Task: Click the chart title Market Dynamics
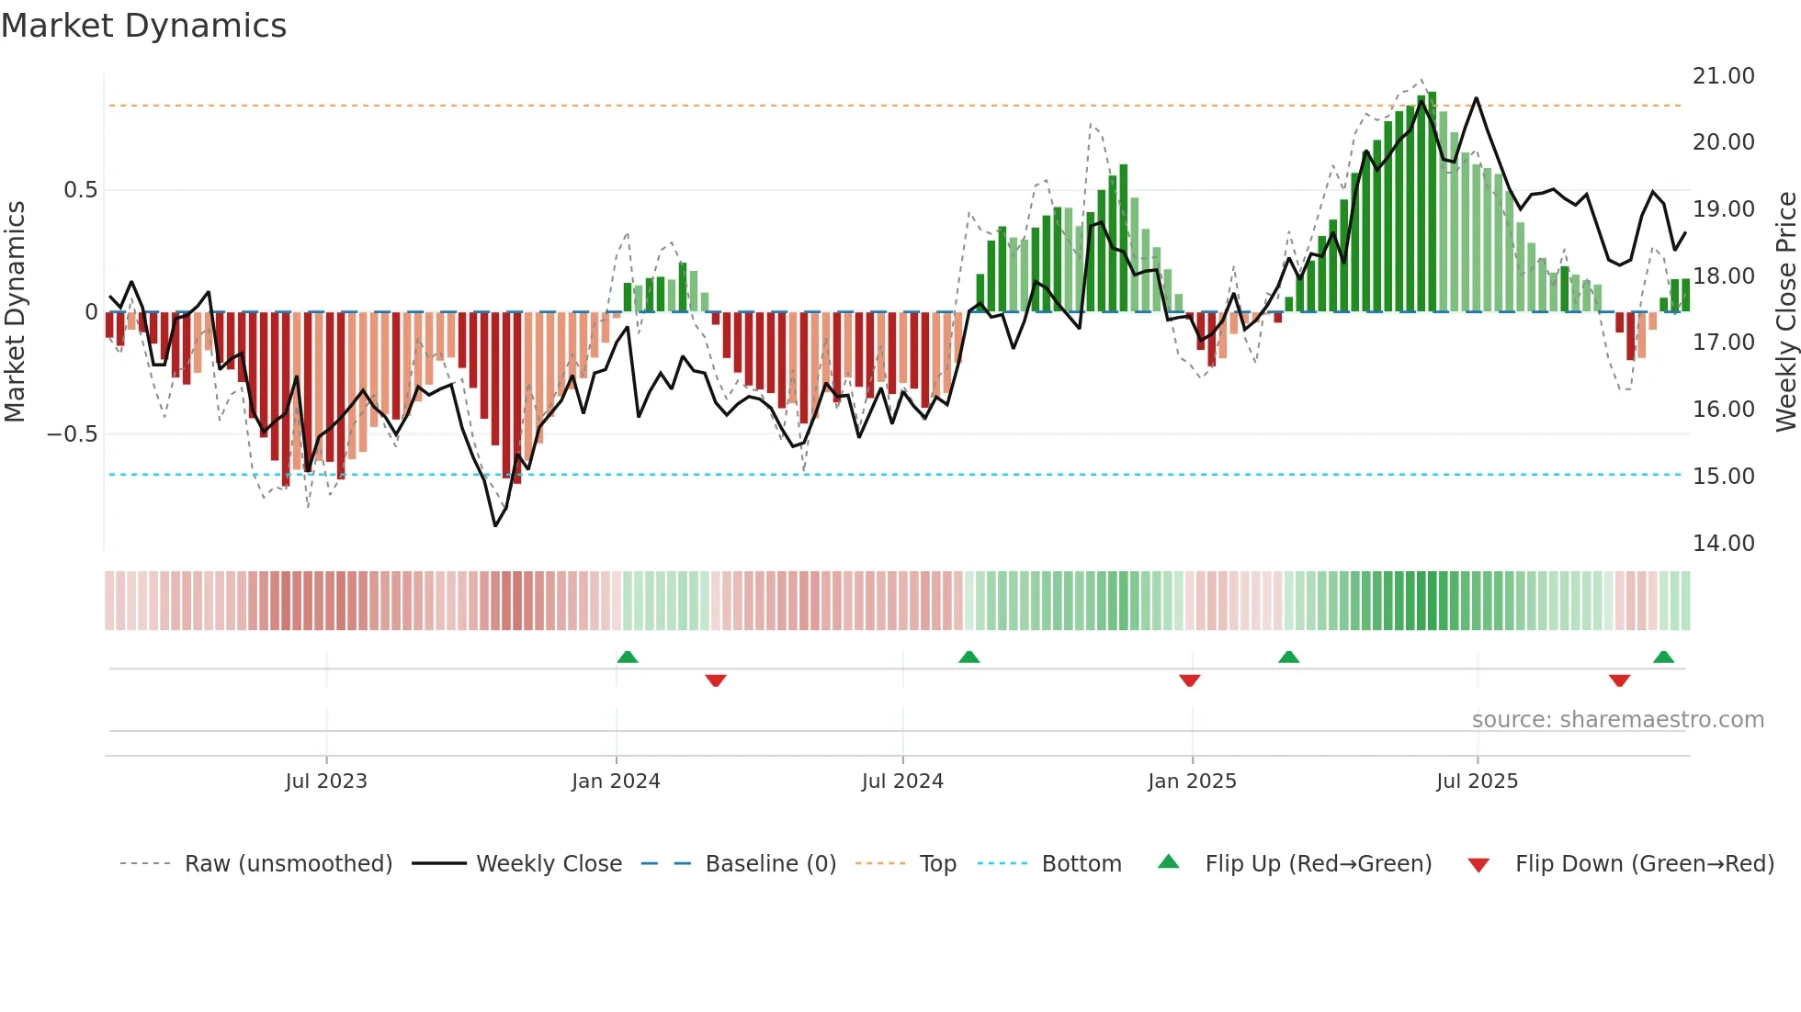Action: [x=144, y=26]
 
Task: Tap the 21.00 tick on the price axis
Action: [x=1723, y=76]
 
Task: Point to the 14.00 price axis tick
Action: [x=1723, y=543]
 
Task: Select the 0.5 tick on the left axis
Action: [x=80, y=190]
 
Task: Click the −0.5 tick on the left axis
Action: [x=73, y=434]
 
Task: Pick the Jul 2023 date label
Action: [x=326, y=781]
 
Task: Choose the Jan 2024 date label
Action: [x=616, y=781]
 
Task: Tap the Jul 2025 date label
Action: [x=1477, y=781]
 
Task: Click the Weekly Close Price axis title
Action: [x=1785, y=312]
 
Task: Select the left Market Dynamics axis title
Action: [x=15, y=312]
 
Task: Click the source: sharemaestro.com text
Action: [x=1617, y=720]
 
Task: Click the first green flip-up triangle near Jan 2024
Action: [x=628, y=658]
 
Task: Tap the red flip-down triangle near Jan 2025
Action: [x=1190, y=680]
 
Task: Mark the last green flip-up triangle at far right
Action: [x=1663, y=658]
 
